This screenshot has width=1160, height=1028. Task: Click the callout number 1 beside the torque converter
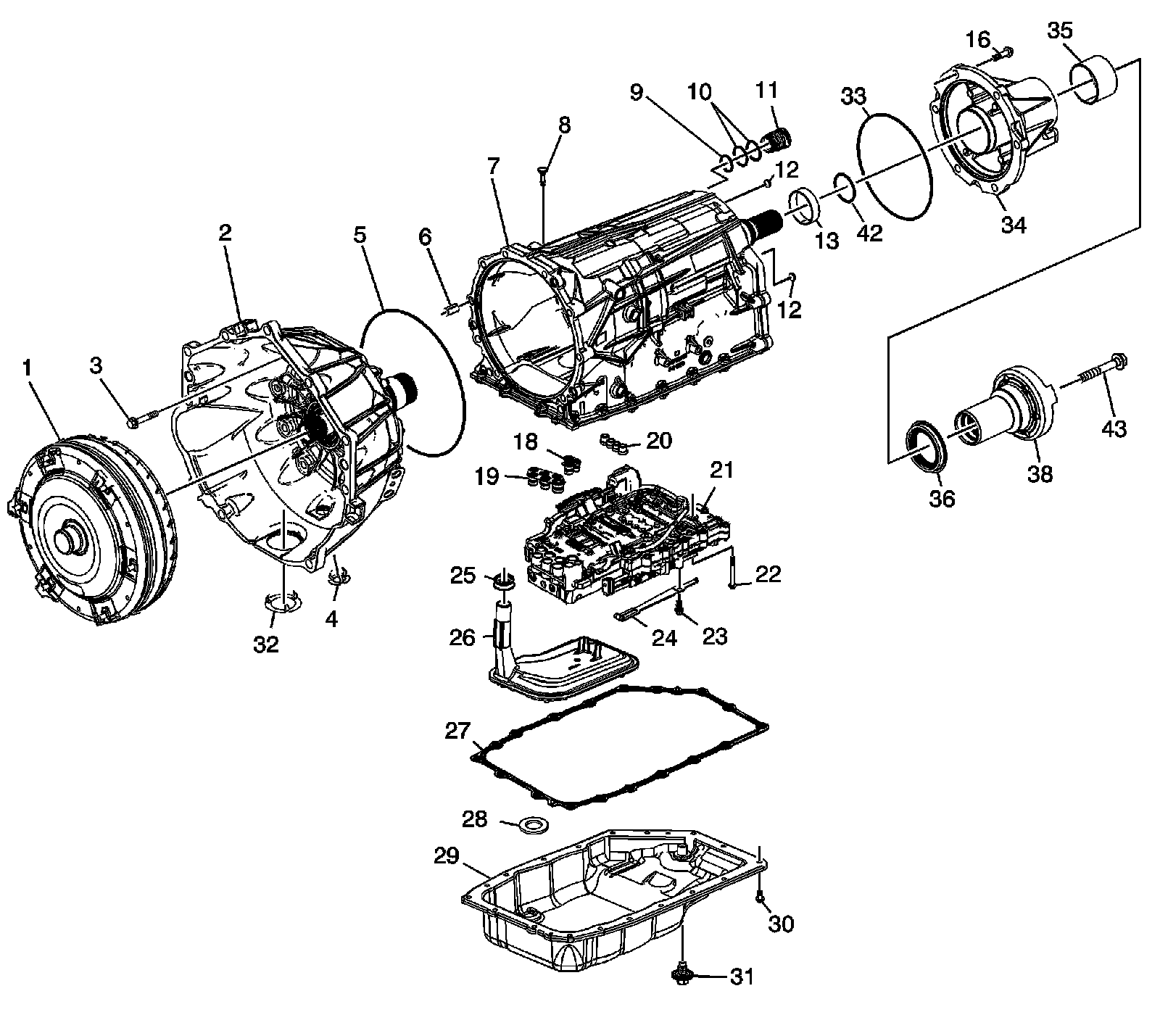[28, 368]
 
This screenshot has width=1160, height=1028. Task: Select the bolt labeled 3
[143, 418]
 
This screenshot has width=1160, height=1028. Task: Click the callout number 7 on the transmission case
[494, 165]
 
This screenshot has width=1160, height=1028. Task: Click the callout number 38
[1040, 475]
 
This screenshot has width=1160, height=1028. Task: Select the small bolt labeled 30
[759, 898]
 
